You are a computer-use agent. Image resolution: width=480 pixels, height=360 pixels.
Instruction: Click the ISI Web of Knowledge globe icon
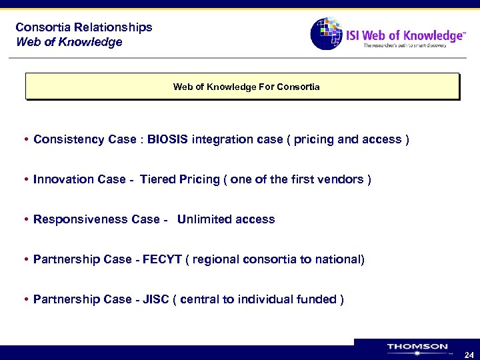326,33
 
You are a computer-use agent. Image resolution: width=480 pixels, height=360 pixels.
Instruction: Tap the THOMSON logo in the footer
417,347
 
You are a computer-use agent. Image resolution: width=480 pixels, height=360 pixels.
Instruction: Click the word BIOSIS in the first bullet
168,139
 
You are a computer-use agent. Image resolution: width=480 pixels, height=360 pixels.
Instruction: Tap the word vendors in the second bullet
340,179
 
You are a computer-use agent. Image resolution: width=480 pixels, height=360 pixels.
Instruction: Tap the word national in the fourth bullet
338,259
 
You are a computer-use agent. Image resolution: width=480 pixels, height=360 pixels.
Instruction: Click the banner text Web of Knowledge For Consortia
246,87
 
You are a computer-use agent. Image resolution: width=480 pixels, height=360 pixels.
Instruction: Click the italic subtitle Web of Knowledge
69,42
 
